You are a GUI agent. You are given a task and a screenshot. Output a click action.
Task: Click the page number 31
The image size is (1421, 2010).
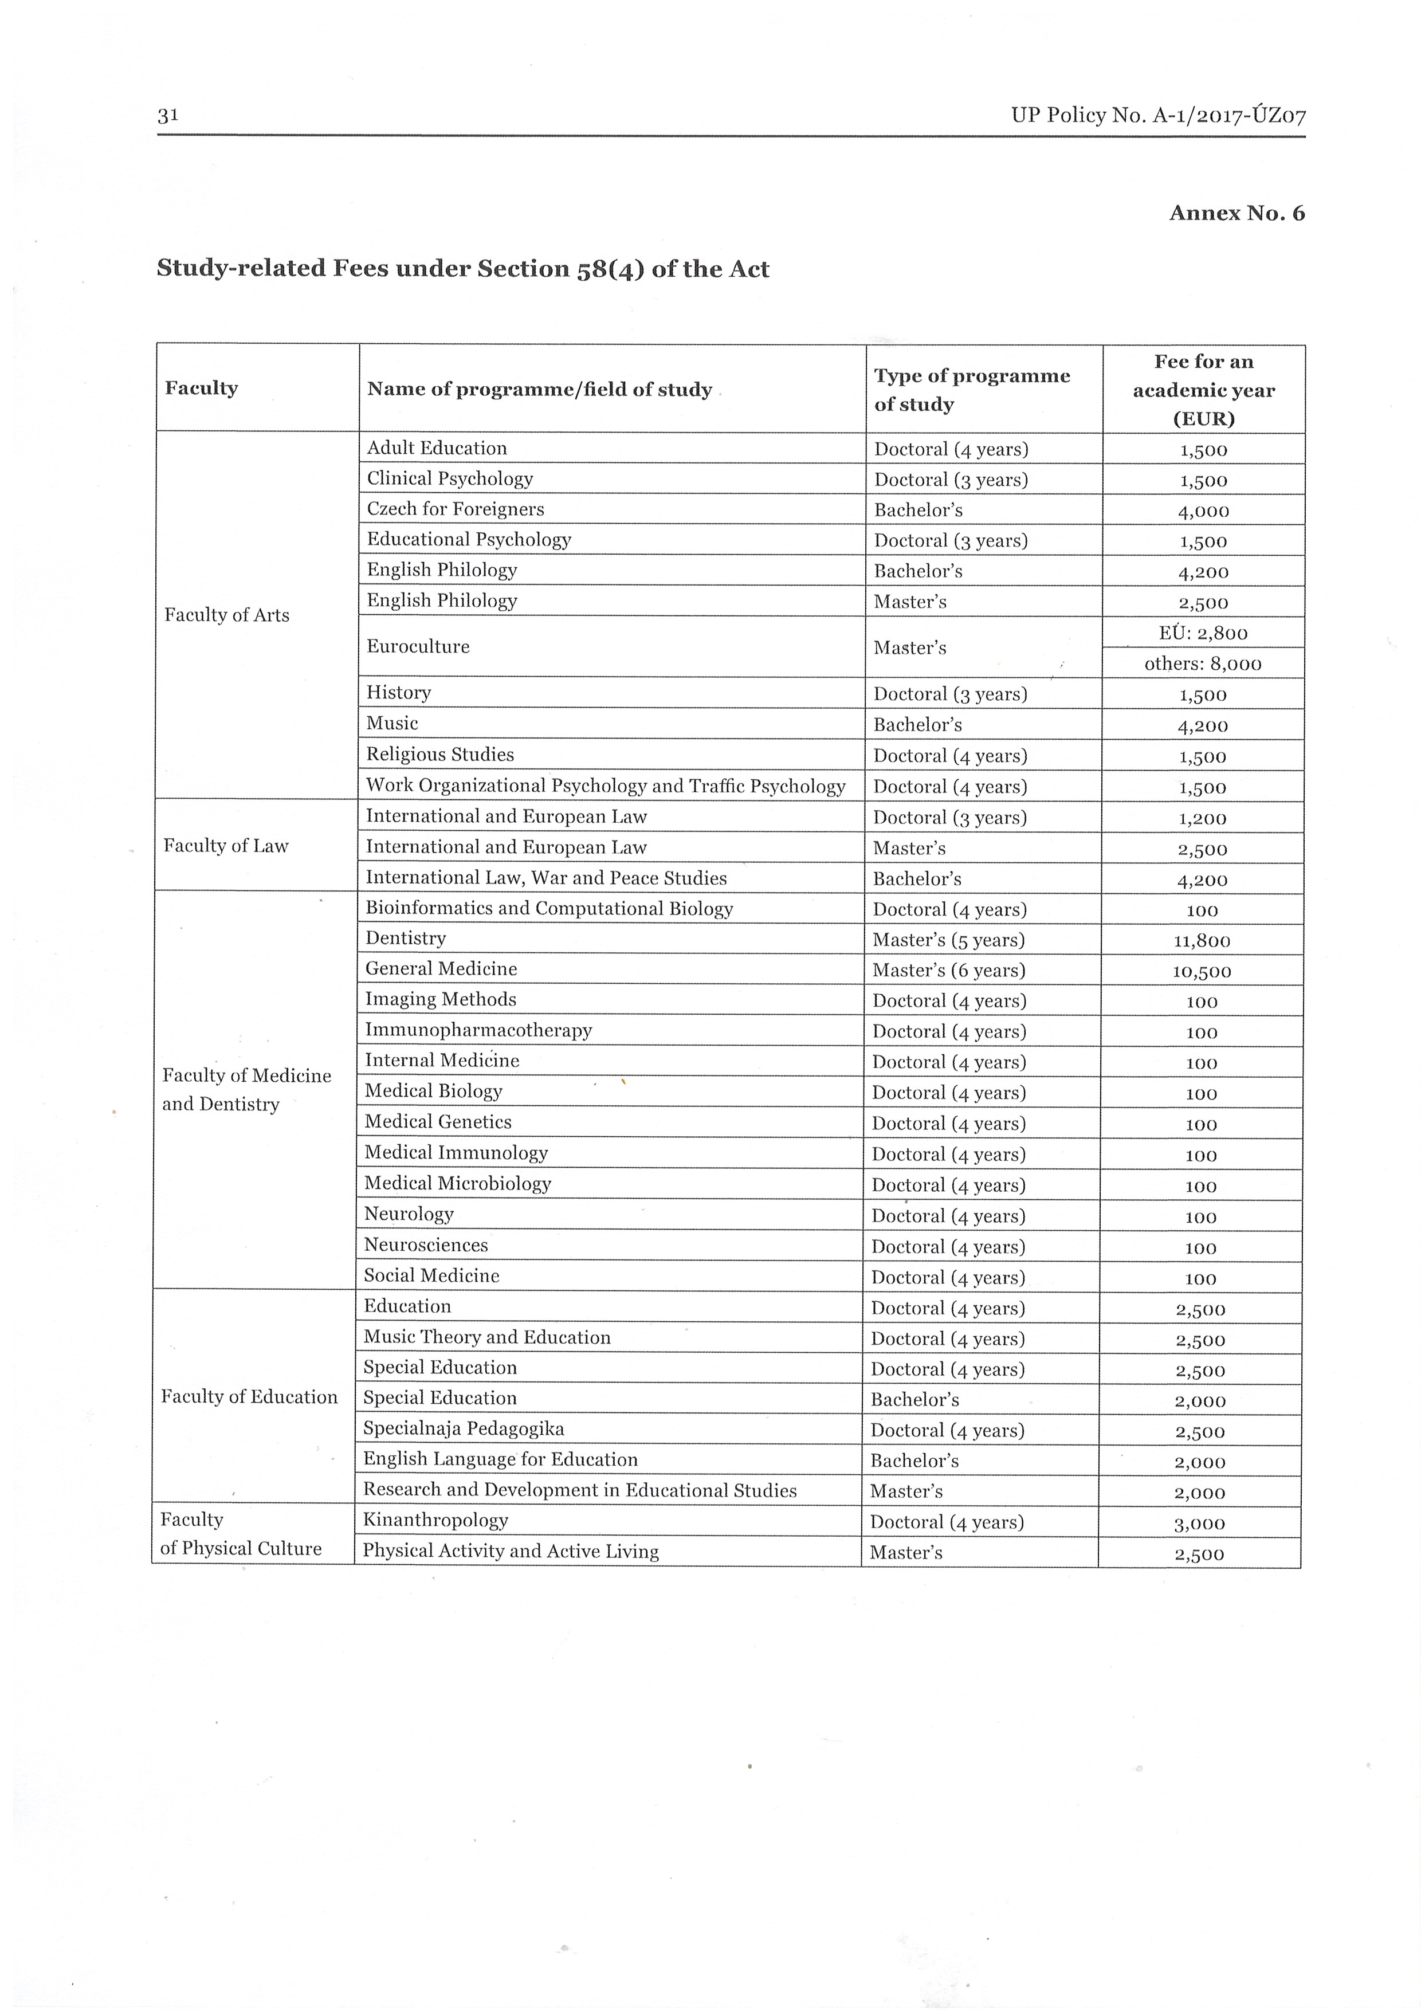pos(168,116)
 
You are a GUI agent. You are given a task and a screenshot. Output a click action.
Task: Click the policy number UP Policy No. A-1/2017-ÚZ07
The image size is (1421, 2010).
pos(1157,116)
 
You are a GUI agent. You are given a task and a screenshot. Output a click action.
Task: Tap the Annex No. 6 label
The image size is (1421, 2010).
pos(1236,213)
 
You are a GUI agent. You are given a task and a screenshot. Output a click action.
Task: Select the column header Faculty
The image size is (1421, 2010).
pos(201,388)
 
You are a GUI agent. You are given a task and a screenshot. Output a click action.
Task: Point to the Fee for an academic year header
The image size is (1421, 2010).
pos(1203,390)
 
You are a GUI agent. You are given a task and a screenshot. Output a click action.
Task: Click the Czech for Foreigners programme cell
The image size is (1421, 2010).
pos(456,509)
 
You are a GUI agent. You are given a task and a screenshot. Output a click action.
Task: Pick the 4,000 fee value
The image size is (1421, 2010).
pos(1203,511)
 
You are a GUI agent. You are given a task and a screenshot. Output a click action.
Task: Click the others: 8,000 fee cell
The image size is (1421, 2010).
pos(1203,664)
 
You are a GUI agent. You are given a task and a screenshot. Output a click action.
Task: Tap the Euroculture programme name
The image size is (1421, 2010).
pos(418,647)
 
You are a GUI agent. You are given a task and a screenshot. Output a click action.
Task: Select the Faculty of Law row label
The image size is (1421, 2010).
pos(226,846)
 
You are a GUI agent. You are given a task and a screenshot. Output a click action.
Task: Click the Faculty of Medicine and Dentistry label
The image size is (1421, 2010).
pos(247,1090)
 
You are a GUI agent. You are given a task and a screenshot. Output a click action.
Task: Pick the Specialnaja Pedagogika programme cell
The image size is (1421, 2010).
pos(464,1428)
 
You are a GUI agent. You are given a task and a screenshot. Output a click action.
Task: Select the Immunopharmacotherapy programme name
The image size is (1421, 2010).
pos(478,1030)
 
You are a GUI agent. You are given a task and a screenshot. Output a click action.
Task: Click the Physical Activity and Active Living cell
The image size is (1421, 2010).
pos(511,1551)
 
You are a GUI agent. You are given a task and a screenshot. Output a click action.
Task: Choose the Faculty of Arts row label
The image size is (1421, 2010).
pos(227,615)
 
